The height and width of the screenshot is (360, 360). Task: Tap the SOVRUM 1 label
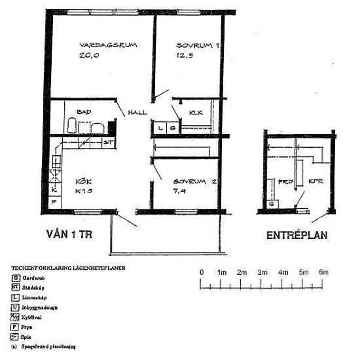pos(197,46)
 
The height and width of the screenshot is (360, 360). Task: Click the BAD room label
pos(83,112)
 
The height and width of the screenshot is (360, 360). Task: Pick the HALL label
pos(138,112)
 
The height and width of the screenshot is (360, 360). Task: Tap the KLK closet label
pos(196,113)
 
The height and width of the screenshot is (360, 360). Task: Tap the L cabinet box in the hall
pos(161,128)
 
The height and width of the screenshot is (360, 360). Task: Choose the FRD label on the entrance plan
pos(284,182)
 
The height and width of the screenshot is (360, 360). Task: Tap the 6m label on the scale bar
pos(323,272)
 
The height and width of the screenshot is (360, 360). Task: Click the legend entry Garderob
pos(33,278)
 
